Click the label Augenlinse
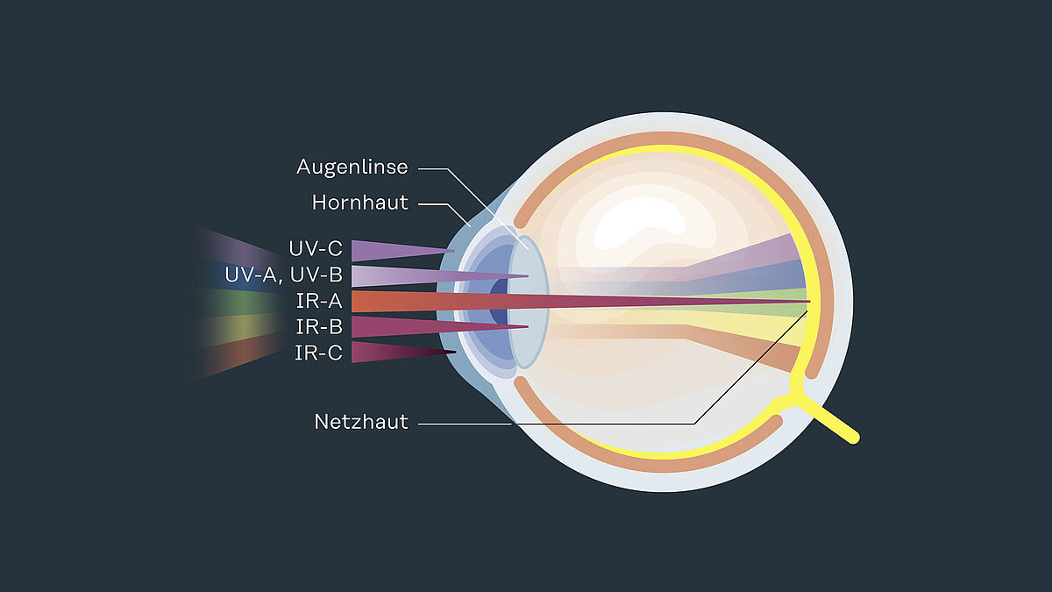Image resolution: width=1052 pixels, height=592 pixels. pos(352,167)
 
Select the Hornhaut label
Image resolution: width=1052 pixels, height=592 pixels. pos(360,203)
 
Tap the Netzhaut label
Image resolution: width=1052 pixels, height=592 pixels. pos(361,422)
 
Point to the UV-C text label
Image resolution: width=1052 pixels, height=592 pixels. pos(316,249)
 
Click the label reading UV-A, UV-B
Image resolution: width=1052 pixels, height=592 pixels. pos(283,275)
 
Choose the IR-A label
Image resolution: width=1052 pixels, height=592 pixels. pos(319,301)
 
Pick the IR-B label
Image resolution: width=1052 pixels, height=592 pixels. pos(319,327)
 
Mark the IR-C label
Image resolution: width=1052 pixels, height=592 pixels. pos(319,353)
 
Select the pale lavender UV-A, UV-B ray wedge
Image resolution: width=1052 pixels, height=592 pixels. pos(394,275)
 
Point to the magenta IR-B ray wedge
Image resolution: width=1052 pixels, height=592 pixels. pos(394,326)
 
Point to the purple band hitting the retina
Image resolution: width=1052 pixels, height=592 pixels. pos(771,251)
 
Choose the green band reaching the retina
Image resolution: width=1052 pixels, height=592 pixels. pos(780,302)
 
